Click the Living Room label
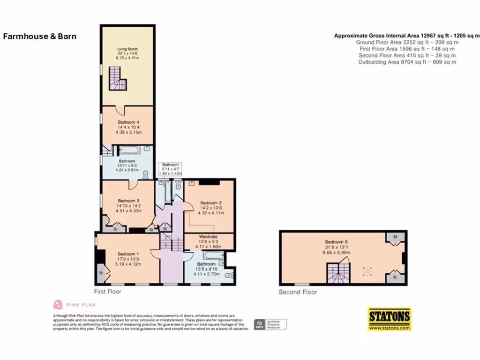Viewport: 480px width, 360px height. (x=127, y=49)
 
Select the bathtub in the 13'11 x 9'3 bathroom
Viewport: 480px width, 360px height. (x=129, y=150)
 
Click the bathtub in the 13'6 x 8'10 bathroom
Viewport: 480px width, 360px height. (x=213, y=256)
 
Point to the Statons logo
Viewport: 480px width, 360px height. (x=389, y=319)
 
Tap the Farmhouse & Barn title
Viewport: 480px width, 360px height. (x=39, y=36)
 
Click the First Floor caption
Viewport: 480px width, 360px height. (x=107, y=292)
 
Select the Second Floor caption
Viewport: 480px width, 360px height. (x=298, y=292)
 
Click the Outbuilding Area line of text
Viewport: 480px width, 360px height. (x=407, y=62)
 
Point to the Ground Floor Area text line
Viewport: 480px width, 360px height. (x=407, y=42)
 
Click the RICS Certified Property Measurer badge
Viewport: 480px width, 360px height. (x=270, y=324)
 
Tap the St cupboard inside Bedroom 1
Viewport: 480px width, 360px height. (x=101, y=272)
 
